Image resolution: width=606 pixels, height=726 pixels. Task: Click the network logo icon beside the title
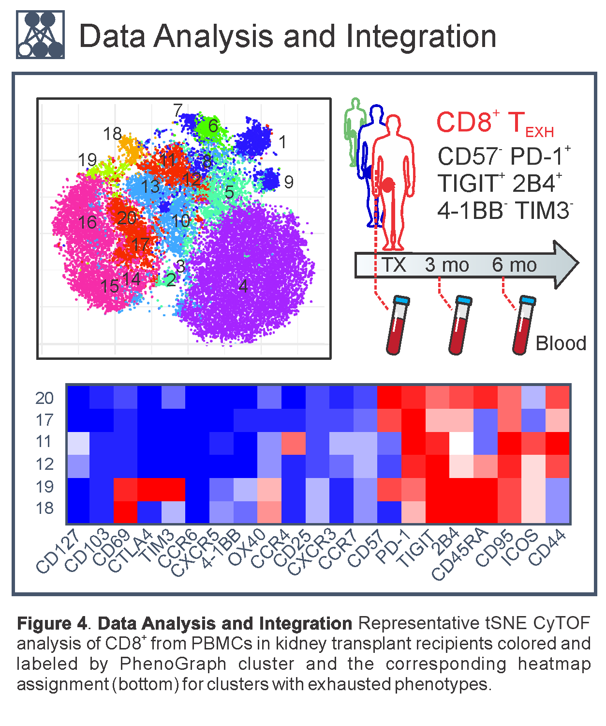pos(40,35)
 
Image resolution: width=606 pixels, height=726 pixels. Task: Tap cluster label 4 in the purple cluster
pos(243,286)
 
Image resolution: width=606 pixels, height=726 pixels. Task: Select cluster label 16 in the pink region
pos(88,222)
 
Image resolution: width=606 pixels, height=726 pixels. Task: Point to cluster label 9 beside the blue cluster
pos(289,182)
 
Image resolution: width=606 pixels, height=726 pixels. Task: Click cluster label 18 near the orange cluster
pos(112,134)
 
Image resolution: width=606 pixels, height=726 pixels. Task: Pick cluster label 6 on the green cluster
pos(213,126)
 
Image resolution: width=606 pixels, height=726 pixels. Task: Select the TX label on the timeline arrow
pos(394,265)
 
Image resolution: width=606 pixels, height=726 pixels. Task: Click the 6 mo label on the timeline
pos(514,265)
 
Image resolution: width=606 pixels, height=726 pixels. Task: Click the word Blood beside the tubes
pos(561,343)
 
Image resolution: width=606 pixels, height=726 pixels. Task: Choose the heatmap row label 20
pos(44,398)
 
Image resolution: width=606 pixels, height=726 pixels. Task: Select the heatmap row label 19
pos(44,486)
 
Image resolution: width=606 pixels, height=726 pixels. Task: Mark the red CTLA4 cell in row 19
pos(149,489)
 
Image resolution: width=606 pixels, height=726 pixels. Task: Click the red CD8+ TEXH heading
pos(494,123)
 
